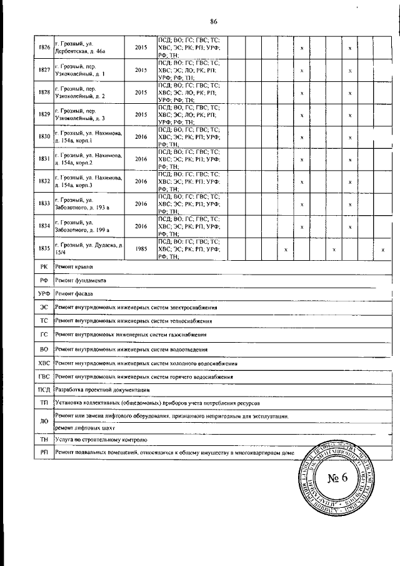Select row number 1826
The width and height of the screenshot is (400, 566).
click(x=44, y=48)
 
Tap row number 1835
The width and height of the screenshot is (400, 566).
click(x=44, y=249)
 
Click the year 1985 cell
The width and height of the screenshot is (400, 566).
click(x=141, y=249)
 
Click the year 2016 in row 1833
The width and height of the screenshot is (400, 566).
click(x=141, y=204)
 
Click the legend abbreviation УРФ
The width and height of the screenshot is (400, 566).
click(x=44, y=293)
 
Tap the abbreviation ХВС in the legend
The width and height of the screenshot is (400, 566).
click(x=44, y=363)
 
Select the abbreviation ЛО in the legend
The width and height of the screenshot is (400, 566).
click(x=44, y=422)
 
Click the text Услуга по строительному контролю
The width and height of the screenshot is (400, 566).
click(x=100, y=440)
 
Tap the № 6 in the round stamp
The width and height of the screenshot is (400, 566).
click(x=340, y=480)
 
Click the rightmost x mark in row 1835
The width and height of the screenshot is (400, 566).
click(x=382, y=250)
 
